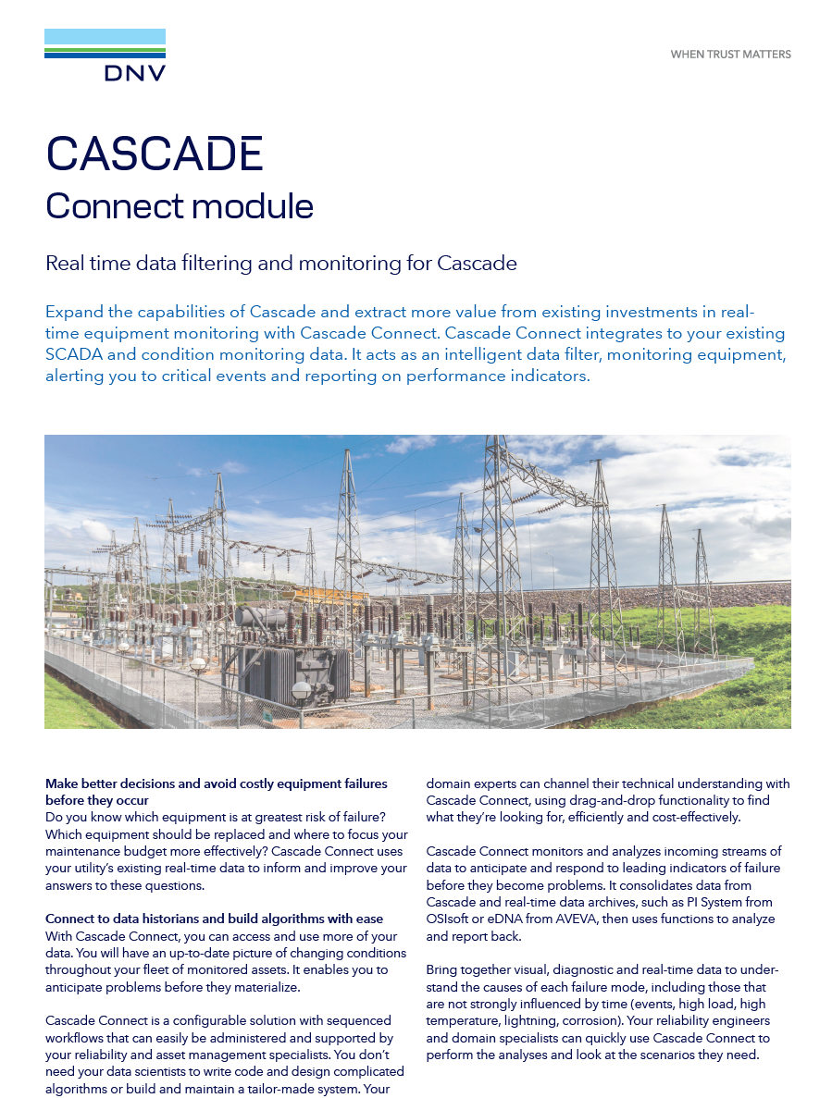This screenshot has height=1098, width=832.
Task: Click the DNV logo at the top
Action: point(105,56)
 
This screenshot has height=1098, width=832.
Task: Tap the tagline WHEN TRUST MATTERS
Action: point(730,55)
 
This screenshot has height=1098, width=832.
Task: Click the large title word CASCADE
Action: point(155,154)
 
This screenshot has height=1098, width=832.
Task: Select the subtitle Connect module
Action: point(180,205)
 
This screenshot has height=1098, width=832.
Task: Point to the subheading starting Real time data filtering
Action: point(280,264)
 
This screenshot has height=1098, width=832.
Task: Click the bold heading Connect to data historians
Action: point(214,919)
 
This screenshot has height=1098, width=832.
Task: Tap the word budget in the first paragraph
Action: point(155,851)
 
